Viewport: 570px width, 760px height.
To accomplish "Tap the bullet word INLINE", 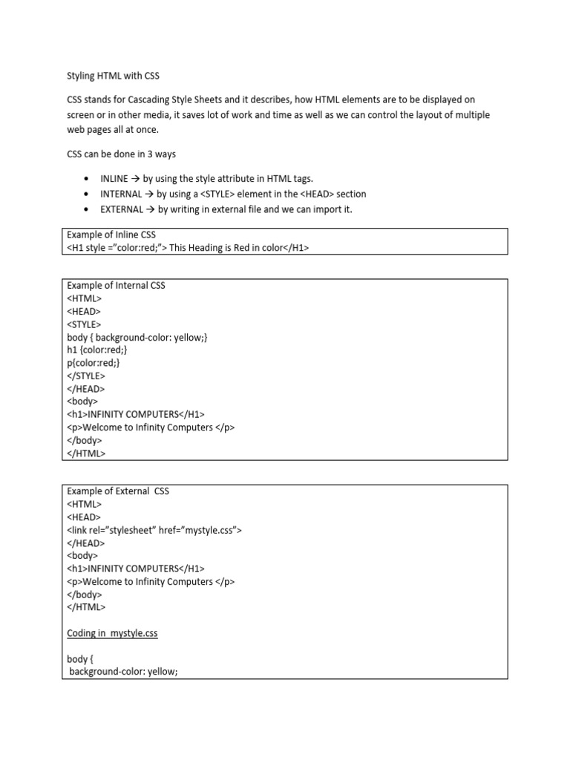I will click(114, 179).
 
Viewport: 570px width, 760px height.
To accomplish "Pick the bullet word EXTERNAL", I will click(122, 209).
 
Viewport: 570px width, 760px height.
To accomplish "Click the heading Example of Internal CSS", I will click(117, 285).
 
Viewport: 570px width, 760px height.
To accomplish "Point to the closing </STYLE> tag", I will click(86, 376).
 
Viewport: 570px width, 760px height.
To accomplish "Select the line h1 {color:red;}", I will click(97, 350).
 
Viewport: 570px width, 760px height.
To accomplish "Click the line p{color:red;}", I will click(93, 363).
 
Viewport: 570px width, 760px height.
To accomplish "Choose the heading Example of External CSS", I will click(118, 491).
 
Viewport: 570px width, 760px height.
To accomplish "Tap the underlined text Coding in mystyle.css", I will click(112, 633).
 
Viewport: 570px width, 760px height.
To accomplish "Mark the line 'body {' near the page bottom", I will click(81, 659).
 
